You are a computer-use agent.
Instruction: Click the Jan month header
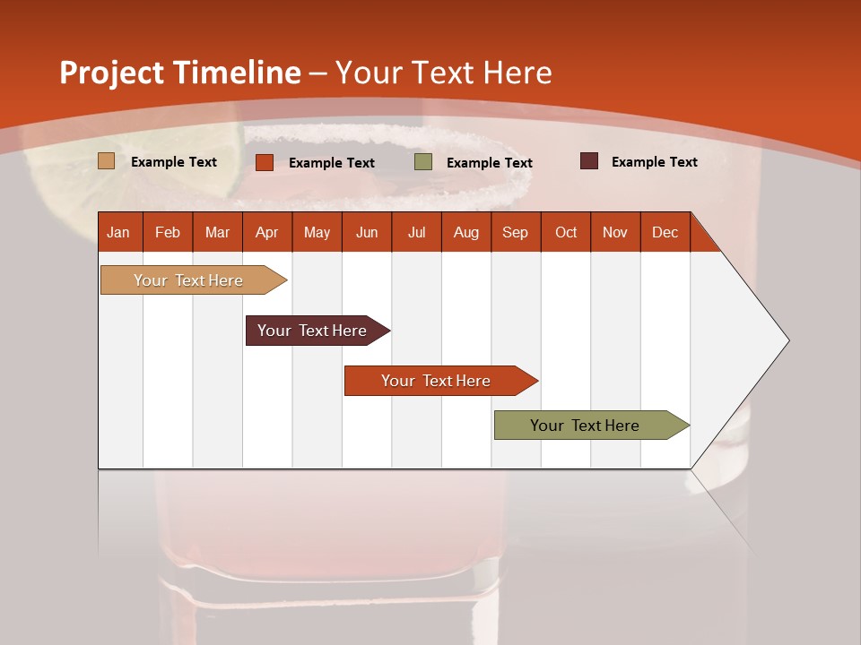point(118,232)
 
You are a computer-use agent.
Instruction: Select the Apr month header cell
point(266,232)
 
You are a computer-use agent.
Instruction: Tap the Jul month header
point(416,232)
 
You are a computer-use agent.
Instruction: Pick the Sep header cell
point(515,232)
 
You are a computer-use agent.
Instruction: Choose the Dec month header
point(665,232)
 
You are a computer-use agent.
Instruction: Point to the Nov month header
point(614,232)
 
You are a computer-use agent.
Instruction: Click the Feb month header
point(168,232)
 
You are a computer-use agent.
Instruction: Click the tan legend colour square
point(106,161)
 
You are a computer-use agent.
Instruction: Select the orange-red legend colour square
point(264,162)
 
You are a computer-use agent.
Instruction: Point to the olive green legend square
point(422,162)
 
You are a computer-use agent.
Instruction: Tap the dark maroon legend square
point(588,161)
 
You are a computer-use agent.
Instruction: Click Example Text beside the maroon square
point(654,162)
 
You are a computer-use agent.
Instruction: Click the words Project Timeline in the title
point(179,73)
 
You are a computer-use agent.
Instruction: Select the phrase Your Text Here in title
point(443,73)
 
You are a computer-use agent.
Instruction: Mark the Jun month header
point(367,232)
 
